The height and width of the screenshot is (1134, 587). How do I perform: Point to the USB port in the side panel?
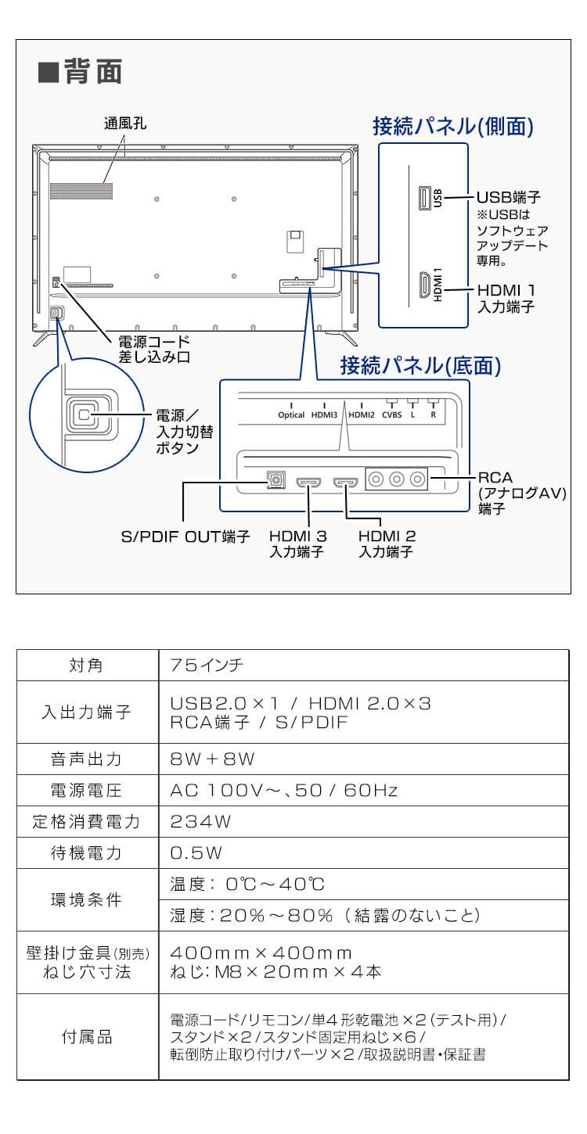[424, 198]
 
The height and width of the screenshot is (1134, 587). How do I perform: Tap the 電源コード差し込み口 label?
[153, 350]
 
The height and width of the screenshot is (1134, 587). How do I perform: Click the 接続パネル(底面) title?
[420, 365]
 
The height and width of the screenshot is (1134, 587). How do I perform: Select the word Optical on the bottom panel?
[291, 415]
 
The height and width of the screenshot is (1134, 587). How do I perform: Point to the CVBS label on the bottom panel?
[391, 415]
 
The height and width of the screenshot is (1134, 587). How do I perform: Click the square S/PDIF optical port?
[275, 479]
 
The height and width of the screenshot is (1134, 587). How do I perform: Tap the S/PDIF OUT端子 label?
[185, 537]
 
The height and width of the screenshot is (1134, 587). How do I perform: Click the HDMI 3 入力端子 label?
[297, 544]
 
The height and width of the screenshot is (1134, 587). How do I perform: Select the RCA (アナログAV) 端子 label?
[520, 492]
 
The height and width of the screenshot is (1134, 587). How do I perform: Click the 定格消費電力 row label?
[87, 821]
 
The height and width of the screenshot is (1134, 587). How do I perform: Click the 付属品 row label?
[87, 1037]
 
